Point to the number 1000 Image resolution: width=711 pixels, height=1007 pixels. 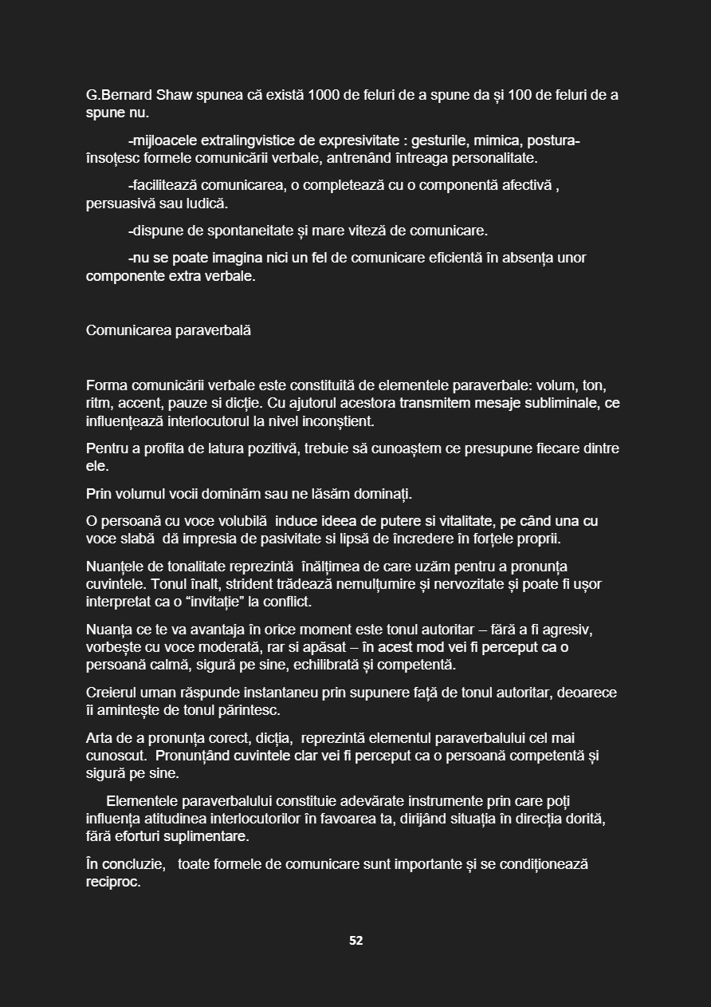point(324,95)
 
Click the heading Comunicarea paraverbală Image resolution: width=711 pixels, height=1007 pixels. point(168,330)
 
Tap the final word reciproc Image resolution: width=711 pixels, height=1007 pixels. point(113,882)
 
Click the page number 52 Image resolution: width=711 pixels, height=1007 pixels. point(355,941)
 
